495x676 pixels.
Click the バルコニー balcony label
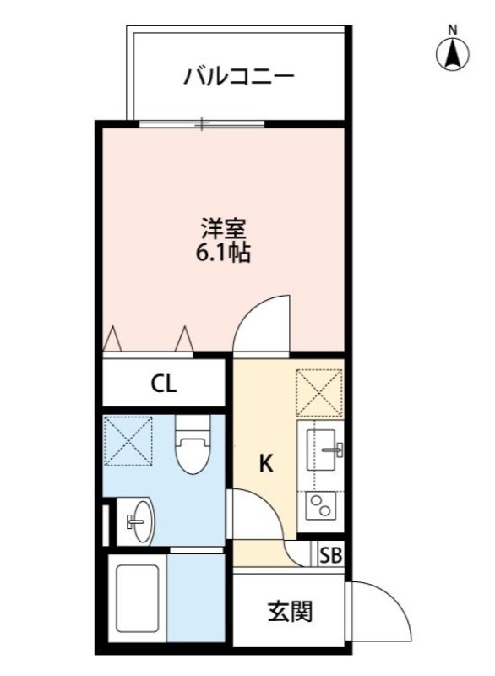[x=240, y=77]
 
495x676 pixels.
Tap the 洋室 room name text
[x=223, y=227]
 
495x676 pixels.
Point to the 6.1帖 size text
[x=223, y=253]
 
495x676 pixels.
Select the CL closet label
[x=164, y=384]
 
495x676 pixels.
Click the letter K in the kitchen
[x=266, y=463]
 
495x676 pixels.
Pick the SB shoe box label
[x=331, y=556]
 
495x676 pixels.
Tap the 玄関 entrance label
[x=290, y=611]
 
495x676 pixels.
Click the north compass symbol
[x=453, y=52]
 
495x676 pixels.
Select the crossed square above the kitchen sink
[x=320, y=393]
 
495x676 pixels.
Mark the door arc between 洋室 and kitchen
[x=261, y=323]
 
